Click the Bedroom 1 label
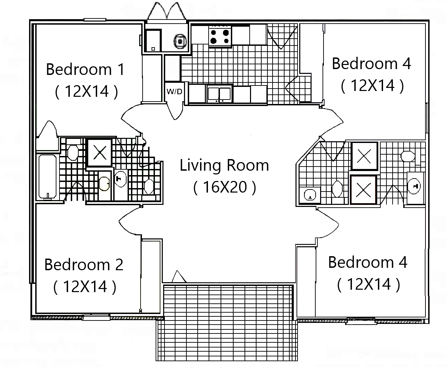[85, 69]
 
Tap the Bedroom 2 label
[84, 265]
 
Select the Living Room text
[224, 165]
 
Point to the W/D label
[174, 92]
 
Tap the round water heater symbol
[180, 41]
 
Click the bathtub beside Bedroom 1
[47, 176]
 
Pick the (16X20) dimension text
[224, 187]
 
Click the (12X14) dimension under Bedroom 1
[87, 91]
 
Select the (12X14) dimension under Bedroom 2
[85, 287]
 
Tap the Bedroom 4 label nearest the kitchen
[371, 64]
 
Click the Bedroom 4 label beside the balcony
[368, 262]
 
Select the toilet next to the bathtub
[73, 153]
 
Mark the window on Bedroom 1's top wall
[95, 20]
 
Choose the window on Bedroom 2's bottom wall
[96, 318]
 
